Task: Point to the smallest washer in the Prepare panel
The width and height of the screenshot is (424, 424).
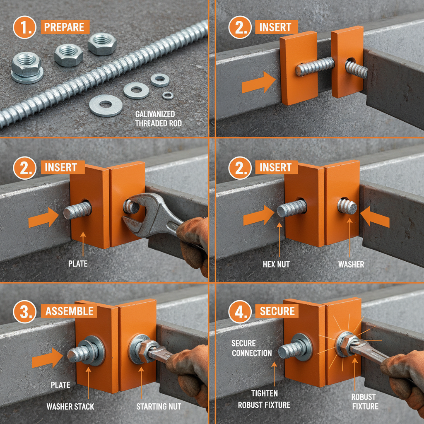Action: pyautogui.click(x=167, y=96)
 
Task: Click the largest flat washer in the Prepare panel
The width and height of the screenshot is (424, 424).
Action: pyautogui.click(x=106, y=105)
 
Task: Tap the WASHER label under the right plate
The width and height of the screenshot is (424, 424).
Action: pyautogui.click(x=350, y=264)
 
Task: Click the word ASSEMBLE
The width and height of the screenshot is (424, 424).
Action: pyautogui.click(x=69, y=311)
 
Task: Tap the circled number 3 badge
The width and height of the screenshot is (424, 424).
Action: pyautogui.click(x=24, y=312)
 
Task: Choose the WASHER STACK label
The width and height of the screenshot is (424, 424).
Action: pyautogui.click(x=70, y=406)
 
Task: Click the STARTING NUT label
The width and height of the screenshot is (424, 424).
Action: pyautogui.click(x=159, y=406)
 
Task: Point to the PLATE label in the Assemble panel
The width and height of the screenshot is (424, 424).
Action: pyautogui.click(x=60, y=385)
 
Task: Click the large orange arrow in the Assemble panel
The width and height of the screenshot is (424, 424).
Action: pyautogui.click(x=47, y=357)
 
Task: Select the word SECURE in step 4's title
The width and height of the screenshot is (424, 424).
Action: pyautogui.click(x=277, y=311)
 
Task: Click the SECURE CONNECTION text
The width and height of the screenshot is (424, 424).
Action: pyautogui.click(x=252, y=348)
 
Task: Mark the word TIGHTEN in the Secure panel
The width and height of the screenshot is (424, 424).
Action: pyautogui.click(x=264, y=393)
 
